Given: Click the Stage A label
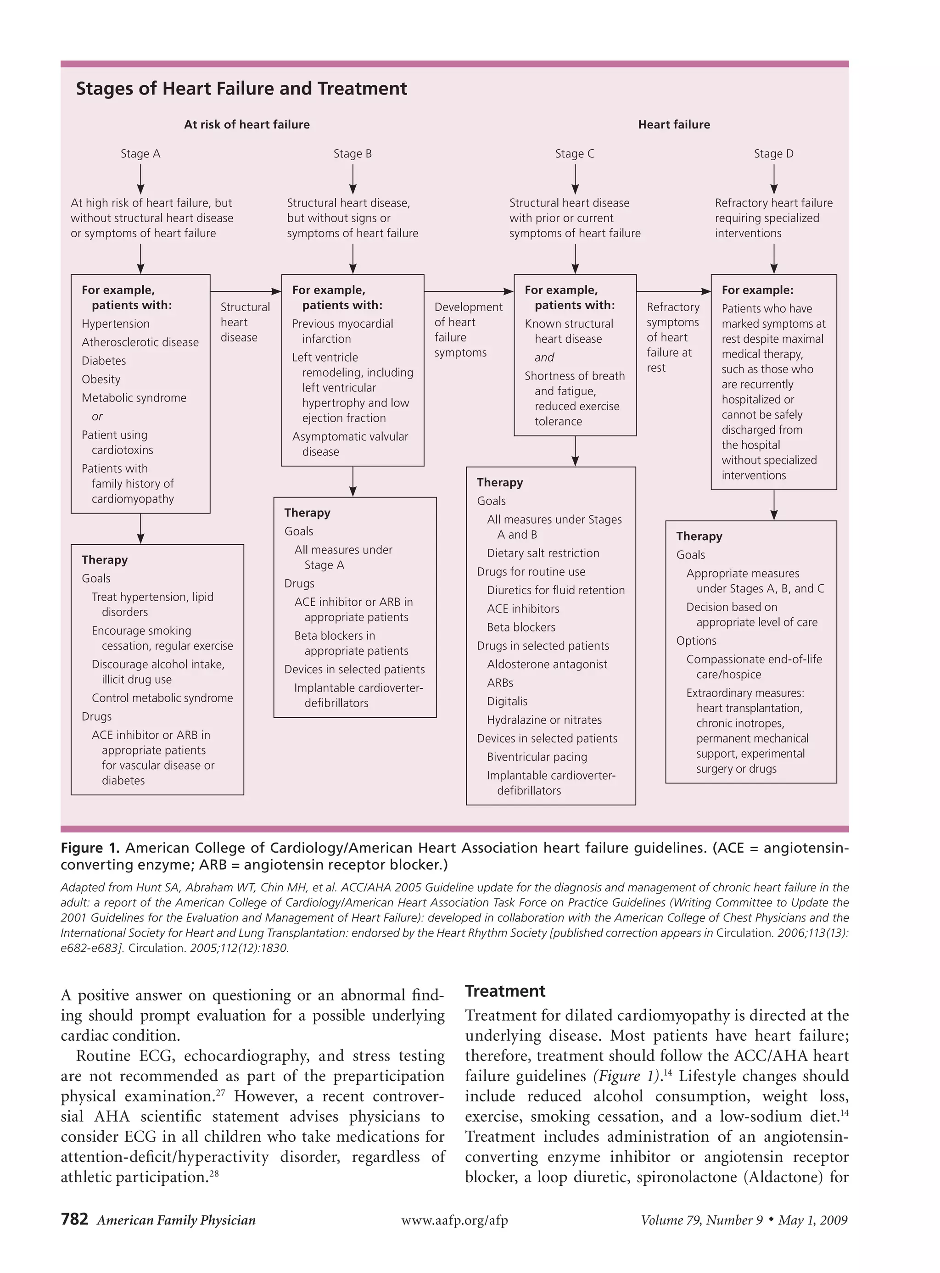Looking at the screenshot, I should [x=140, y=154].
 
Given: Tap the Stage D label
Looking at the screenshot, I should [x=773, y=154].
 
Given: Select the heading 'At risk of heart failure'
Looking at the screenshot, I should [x=246, y=124].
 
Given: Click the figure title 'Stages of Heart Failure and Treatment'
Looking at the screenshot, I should [x=241, y=89].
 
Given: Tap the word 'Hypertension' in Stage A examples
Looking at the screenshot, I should [x=116, y=324].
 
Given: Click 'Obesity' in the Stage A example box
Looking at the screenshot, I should [x=101, y=380].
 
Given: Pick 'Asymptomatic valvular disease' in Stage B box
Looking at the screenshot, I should [x=349, y=444].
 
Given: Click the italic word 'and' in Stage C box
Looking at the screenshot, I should [x=544, y=357].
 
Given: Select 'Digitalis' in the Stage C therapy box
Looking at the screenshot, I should [x=507, y=701].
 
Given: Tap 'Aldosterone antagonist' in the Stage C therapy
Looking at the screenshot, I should [x=547, y=664].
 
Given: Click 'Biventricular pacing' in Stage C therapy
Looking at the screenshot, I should [x=537, y=757].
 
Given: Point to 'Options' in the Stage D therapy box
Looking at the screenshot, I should [x=696, y=641].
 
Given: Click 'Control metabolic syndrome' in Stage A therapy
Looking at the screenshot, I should [x=162, y=698].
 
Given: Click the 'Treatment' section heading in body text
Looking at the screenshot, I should [x=505, y=991].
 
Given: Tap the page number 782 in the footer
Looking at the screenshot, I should [x=74, y=1219].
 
